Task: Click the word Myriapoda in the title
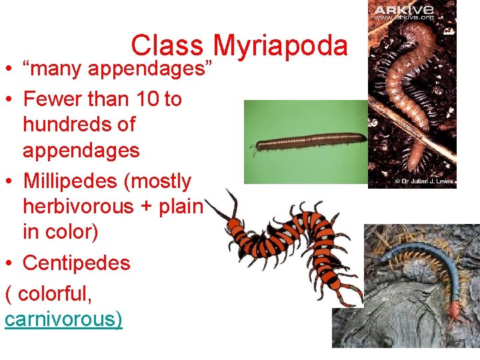coord(281,46)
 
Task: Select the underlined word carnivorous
coord(63,319)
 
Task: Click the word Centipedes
coord(77,263)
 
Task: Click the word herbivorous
coord(78,206)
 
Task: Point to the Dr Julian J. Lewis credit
coord(423,181)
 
